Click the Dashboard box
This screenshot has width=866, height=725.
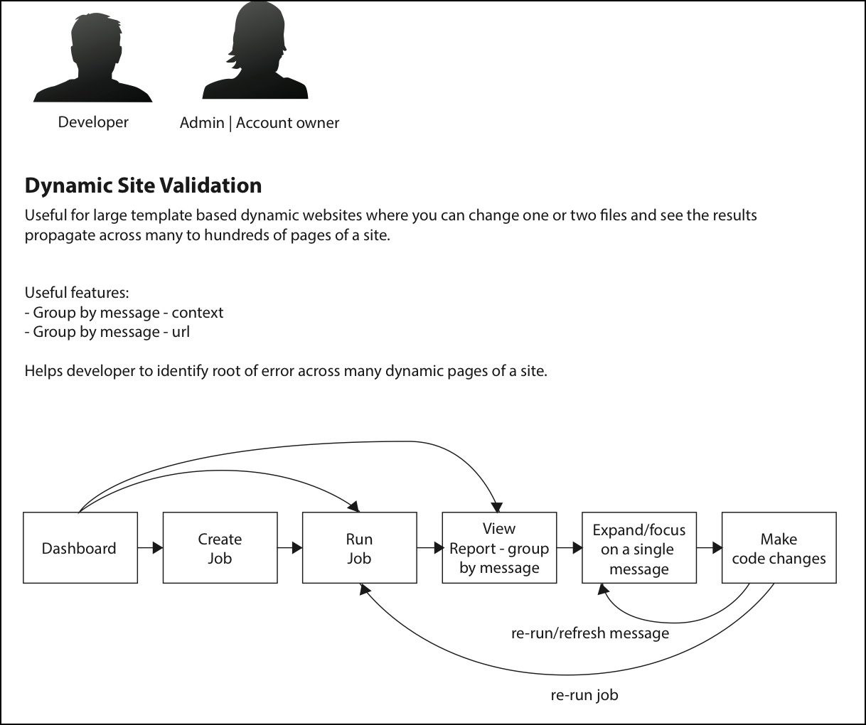coord(80,547)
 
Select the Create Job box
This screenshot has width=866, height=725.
coord(220,547)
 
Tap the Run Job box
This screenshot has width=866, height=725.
coord(360,547)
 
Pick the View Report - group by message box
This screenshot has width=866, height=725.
coord(499,547)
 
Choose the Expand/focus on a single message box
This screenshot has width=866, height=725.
coord(639,547)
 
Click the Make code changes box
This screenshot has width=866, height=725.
coord(779,547)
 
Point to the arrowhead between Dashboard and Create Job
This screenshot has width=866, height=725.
coord(158,547)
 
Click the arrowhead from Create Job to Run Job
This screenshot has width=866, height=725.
coord(297,547)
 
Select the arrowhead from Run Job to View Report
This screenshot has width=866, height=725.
coord(439,547)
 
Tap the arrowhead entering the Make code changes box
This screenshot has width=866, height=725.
coord(717,547)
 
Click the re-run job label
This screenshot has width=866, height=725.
coord(584,695)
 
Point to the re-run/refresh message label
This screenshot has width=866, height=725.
coord(590,633)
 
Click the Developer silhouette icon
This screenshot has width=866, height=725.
coord(93,58)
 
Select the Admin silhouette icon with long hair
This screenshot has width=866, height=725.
coord(255,50)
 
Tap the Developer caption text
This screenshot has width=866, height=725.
coord(93,122)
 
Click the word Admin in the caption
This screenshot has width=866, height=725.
coord(202,123)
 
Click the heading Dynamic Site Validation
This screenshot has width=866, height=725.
coord(143,186)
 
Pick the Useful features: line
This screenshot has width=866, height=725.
coord(77,292)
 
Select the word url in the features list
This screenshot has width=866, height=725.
coord(181,332)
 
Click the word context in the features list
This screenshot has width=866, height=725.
coord(198,312)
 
